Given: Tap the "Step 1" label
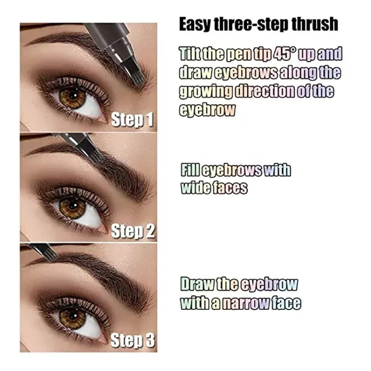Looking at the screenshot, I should [132, 120].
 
